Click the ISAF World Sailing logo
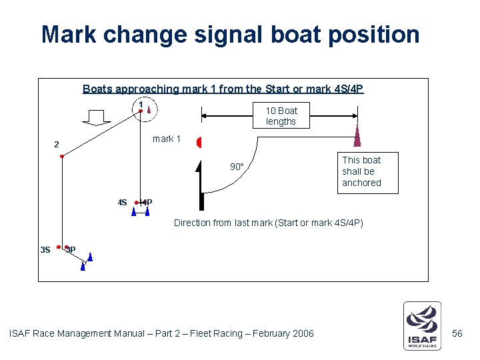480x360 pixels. (x=422, y=326)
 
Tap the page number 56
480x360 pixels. (x=457, y=333)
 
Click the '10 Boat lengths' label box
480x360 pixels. (x=281, y=116)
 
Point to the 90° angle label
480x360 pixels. (x=237, y=167)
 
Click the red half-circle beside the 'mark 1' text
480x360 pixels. (x=199, y=142)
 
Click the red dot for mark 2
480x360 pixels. (x=61, y=156)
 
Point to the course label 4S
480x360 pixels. (x=122, y=202)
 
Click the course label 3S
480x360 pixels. (x=45, y=250)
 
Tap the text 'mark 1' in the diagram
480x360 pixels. (x=167, y=139)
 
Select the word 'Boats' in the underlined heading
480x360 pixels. (x=97, y=89)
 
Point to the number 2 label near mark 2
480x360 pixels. (x=57, y=145)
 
